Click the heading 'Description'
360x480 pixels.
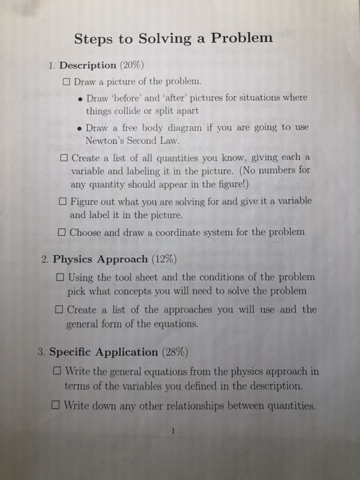(88, 66)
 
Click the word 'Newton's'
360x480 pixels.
(108, 141)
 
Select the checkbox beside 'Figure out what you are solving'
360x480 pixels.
(63, 202)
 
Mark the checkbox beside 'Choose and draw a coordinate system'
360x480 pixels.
(62, 232)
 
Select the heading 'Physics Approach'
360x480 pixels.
(100, 259)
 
